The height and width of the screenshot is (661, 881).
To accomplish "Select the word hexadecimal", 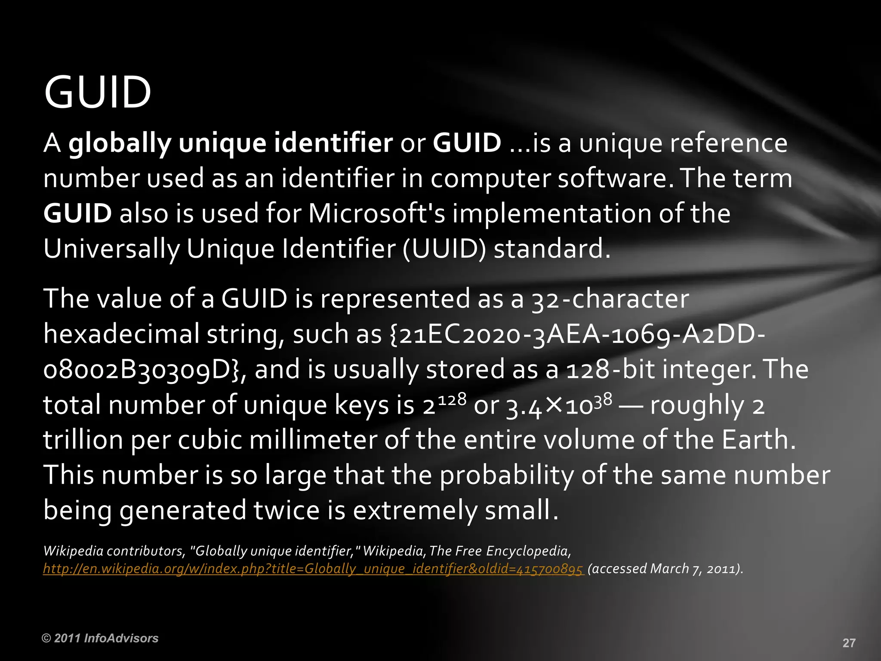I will [121, 334].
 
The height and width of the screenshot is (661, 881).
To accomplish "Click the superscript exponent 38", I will [603, 399].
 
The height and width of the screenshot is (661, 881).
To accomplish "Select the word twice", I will [286, 510].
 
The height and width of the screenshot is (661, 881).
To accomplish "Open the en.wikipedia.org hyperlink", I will [313, 569].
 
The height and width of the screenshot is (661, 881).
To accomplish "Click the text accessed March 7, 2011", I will [665, 569].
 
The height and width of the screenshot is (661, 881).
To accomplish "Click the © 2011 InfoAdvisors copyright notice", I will [100, 638].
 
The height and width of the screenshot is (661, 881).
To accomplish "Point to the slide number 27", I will [849, 643].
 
